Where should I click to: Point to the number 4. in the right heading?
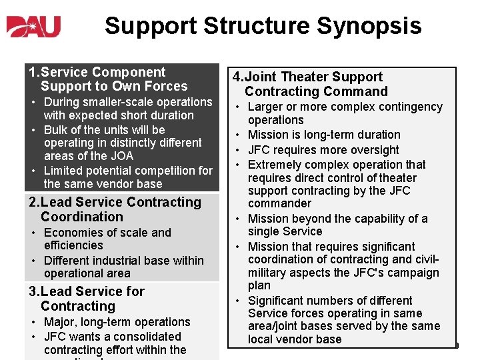(237, 77)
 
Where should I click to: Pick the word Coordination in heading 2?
(81, 217)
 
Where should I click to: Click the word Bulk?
(57, 129)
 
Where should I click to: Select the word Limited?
(65, 171)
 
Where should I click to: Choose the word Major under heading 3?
(61, 322)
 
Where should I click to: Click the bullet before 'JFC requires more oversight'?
(237, 150)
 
